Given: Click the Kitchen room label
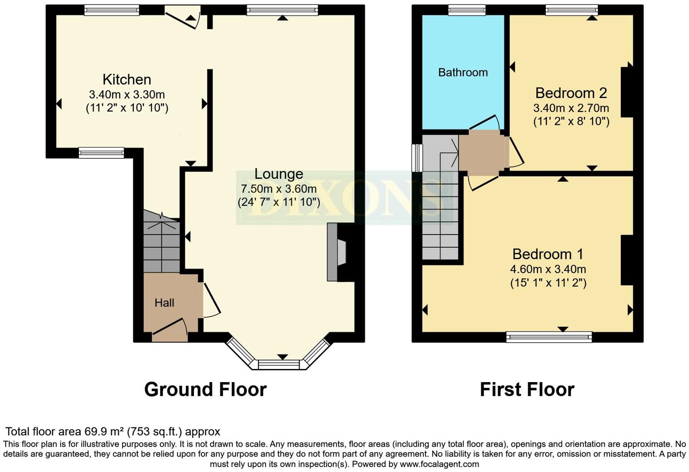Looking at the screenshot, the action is pyautogui.click(x=127, y=80).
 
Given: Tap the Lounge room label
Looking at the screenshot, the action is pyautogui.click(x=279, y=174).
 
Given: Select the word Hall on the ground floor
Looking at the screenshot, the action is pyautogui.click(x=164, y=303).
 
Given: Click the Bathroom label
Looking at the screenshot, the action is pyautogui.click(x=463, y=72).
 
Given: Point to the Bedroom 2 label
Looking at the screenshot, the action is pyautogui.click(x=571, y=93).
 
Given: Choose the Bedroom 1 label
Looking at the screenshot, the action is pyautogui.click(x=548, y=254).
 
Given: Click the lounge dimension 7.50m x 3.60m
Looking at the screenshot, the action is pyautogui.click(x=279, y=188).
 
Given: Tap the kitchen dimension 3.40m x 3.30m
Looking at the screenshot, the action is pyautogui.click(x=127, y=94).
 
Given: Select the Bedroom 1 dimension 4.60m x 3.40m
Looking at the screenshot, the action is pyautogui.click(x=548, y=269).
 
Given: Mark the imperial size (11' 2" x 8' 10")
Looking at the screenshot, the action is pyautogui.click(x=571, y=121).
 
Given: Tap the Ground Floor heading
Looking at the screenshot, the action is pyautogui.click(x=205, y=389).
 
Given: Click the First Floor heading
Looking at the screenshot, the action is pyautogui.click(x=527, y=389).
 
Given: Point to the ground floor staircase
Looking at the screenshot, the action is pyautogui.click(x=161, y=241).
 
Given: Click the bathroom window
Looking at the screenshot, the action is pyautogui.click(x=467, y=10).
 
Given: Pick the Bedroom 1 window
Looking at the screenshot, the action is pyautogui.click(x=549, y=337).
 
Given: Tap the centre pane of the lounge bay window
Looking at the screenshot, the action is pyautogui.click(x=279, y=365).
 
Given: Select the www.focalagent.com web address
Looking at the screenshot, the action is pyautogui.click(x=439, y=464).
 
